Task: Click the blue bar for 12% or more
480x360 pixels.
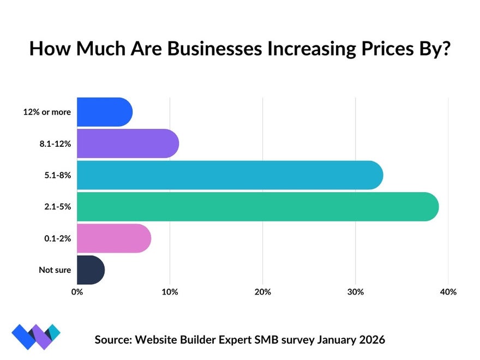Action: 104,112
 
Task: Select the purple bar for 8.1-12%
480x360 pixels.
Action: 128,143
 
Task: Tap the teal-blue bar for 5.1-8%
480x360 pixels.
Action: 230,175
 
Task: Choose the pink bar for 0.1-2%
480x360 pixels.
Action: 113,238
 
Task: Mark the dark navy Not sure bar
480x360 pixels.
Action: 91,270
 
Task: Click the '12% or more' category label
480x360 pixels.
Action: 47,112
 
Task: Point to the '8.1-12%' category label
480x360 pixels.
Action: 55,144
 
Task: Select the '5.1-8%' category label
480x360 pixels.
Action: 57,176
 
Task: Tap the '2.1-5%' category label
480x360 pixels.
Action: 57,207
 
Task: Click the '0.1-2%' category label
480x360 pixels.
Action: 57,238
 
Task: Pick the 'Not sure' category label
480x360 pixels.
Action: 55,270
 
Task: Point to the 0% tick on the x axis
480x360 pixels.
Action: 77,292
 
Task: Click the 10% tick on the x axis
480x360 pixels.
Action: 170,292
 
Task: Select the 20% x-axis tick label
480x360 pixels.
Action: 262,292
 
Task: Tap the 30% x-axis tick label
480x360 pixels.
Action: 355,292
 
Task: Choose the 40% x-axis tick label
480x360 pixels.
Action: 448,292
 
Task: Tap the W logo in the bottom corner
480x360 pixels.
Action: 36,337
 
